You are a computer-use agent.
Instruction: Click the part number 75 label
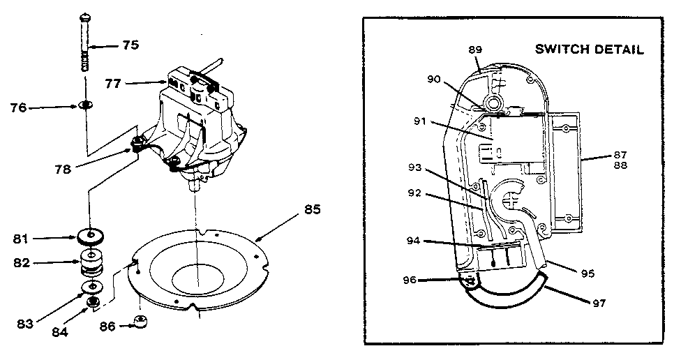point(130,45)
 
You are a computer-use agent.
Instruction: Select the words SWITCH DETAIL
point(588,50)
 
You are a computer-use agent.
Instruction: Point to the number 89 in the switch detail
point(475,50)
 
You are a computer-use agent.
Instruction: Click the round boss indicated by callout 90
point(496,103)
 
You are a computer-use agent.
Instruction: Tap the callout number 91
point(420,121)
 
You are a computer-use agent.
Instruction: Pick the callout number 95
point(587,273)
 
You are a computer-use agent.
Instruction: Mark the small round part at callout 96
point(470,281)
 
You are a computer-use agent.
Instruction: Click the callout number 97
point(598,303)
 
